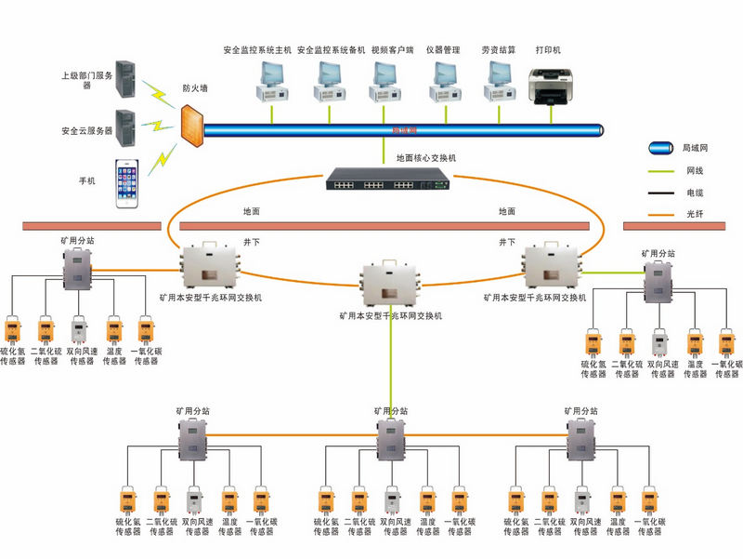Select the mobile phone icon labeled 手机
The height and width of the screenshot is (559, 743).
[x=128, y=183]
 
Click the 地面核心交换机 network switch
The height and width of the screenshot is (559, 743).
[x=390, y=181]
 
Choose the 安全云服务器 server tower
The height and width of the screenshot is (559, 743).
[x=125, y=127]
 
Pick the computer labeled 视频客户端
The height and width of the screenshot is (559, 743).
[x=383, y=83]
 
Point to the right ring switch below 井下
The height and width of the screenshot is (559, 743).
[x=553, y=268]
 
